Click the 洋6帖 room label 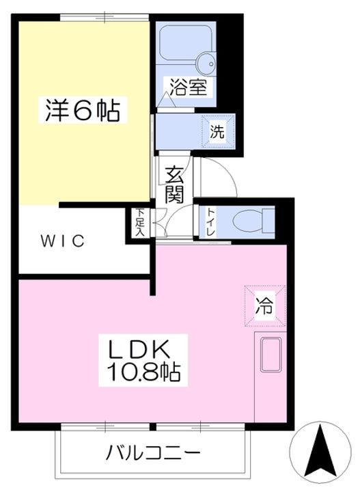pyautogui.click(x=83, y=111)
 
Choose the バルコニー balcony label pyautogui.click(x=153, y=452)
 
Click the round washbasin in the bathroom pyautogui.click(x=206, y=64)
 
